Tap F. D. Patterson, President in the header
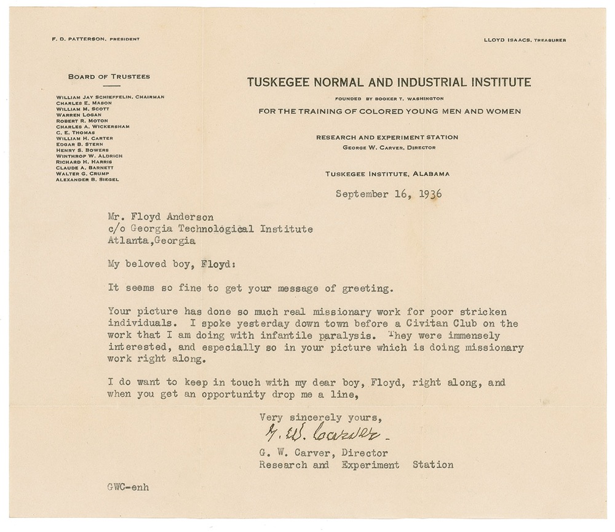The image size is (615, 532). coord(95,39)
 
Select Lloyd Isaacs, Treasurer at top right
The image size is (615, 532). coord(526,39)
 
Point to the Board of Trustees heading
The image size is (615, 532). coord(109,77)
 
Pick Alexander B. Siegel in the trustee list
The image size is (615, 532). coord(87,179)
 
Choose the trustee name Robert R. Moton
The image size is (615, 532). coord(82,121)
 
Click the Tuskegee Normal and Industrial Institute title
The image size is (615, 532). coord(389,82)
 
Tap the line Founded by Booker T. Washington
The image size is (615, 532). coord(389,98)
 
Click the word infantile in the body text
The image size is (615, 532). coord(245,335)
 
